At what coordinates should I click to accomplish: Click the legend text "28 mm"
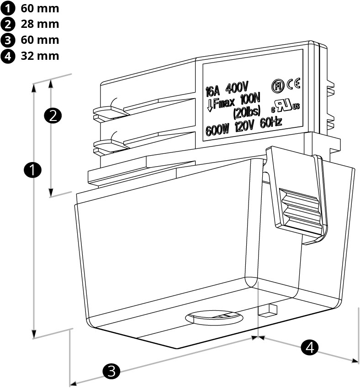(x=39, y=24)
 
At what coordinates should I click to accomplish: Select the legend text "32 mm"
(x=39, y=56)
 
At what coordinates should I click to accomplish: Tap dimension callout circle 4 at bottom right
(x=310, y=348)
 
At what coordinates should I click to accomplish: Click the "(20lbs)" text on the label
(x=246, y=111)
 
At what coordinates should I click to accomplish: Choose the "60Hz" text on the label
(x=270, y=122)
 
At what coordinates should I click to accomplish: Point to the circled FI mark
(x=277, y=85)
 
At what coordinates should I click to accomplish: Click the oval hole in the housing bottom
(x=213, y=318)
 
